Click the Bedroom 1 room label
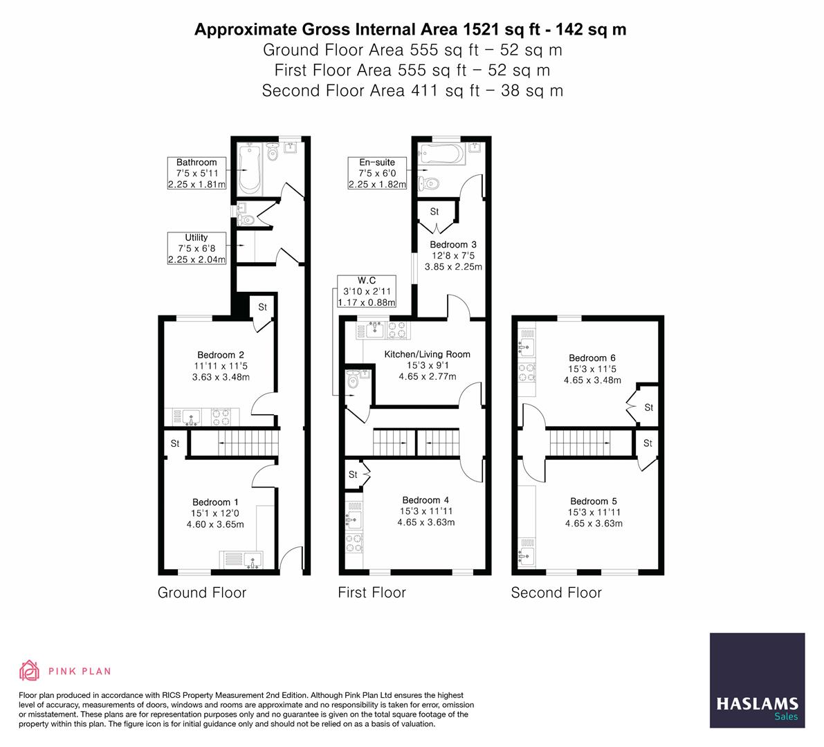pos(215,502)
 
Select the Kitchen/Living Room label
pos(427,354)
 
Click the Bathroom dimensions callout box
pos(196,174)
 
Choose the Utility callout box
pos(196,248)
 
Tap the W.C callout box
pos(366,291)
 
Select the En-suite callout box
pos(377,174)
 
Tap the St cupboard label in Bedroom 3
pos(434,212)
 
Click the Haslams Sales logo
pos(757,681)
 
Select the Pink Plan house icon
pos(30,670)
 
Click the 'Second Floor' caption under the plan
pos(556,593)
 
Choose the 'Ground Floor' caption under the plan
pos(202,593)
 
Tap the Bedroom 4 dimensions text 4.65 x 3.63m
pos(425,522)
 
